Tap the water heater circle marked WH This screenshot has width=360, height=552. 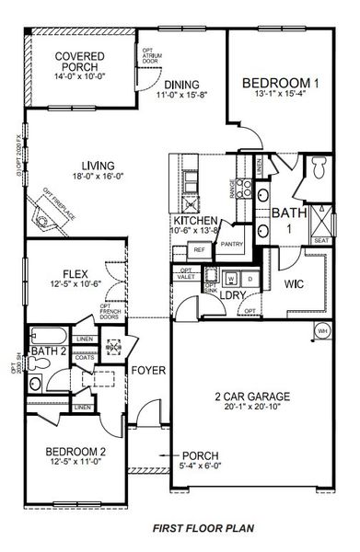pos(323,330)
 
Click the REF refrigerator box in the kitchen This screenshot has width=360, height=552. pos(200,247)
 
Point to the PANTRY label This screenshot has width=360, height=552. pos(231,244)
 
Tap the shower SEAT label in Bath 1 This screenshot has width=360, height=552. pos(321,241)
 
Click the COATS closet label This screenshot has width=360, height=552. pos(84,357)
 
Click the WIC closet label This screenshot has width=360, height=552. pos(294,283)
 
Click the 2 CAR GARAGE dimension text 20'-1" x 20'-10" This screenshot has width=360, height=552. pos(251,410)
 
